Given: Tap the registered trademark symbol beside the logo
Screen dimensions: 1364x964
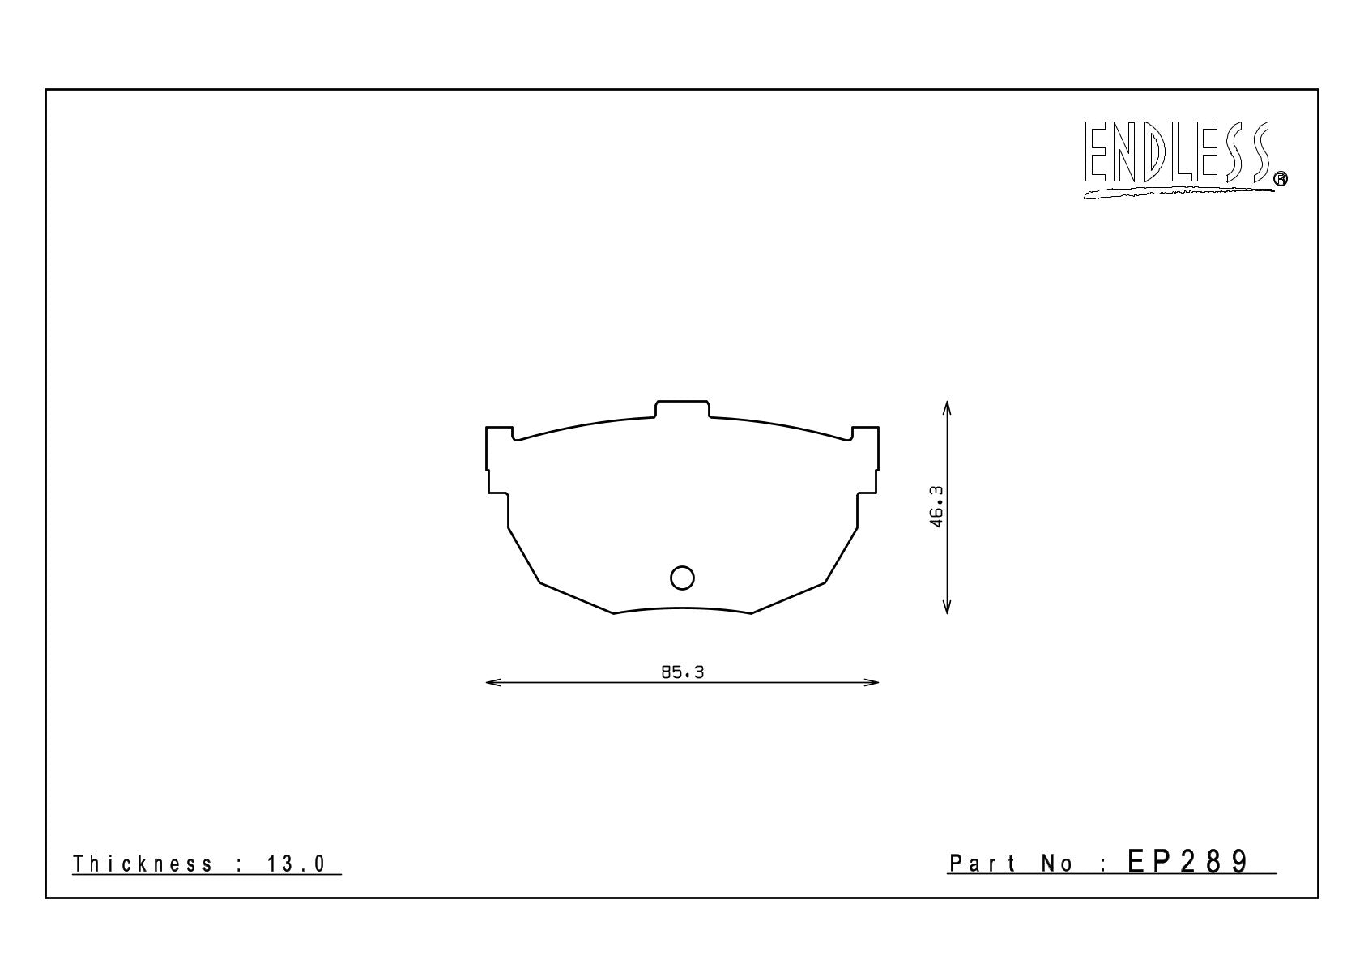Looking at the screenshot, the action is coord(1281,179).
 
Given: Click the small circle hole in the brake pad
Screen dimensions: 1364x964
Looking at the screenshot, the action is coord(682,578).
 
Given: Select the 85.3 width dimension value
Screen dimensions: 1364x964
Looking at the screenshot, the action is coord(682,672).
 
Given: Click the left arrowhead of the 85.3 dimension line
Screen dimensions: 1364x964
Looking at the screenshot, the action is coord(492,683).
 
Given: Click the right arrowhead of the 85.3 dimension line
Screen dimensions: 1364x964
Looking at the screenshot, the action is coord(872,683).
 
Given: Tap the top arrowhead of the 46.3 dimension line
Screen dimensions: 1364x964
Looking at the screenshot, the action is coord(947,408).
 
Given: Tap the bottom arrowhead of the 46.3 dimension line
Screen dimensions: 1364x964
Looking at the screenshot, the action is coord(947,607).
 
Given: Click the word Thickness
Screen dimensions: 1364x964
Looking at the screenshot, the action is coord(143,864).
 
